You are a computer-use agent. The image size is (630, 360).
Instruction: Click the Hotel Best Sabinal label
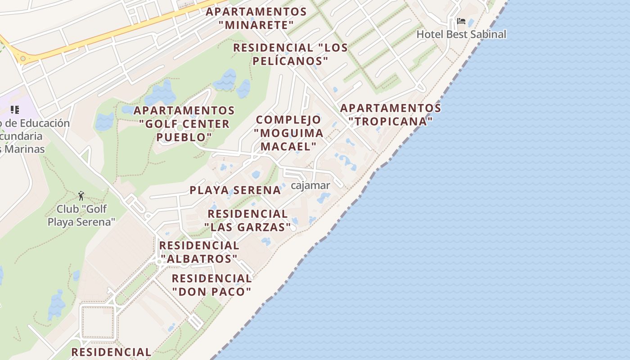tap(461, 34)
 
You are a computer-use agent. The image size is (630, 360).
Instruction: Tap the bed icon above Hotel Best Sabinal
tap(461, 21)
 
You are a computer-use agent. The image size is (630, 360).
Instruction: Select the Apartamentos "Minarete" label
tap(256, 18)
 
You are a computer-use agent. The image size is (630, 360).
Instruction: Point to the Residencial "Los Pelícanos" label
tap(290, 54)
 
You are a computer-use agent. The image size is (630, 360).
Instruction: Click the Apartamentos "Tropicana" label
tap(390, 114)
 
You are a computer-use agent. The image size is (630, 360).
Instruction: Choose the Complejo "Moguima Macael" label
tap(288, 133)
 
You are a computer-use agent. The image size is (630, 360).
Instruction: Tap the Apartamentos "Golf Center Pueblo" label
tap(184, 123)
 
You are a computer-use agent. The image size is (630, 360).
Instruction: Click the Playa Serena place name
tap(235, 190)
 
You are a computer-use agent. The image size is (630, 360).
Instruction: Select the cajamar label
tap(310, 185)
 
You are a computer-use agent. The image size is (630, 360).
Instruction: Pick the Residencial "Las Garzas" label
tap(247, 220)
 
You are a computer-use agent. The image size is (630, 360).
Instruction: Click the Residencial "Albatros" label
tap(199, 252)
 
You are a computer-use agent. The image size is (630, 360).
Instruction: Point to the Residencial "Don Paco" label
tap(211, 285)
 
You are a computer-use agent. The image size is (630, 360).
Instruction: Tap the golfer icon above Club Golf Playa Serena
tap(81, 196)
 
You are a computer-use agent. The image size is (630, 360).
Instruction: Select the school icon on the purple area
tap(15, 109)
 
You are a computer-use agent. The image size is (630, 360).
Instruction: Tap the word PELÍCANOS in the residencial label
tap(290, 61)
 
